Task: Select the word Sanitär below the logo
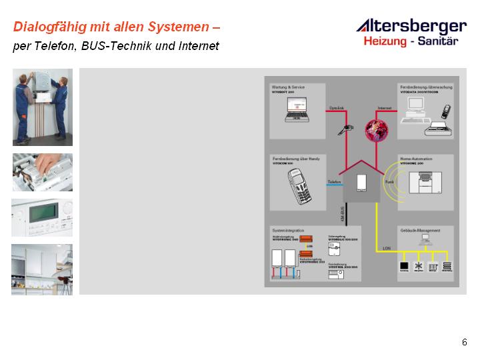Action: pos(441,41)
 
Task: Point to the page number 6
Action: pos(464,342)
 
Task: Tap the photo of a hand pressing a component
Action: pos(42,172)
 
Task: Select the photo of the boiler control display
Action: pos(42,217)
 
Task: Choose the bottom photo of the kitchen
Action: pos(42,269)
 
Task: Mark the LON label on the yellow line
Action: pos(387,247)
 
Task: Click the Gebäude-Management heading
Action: pos(419,230)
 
